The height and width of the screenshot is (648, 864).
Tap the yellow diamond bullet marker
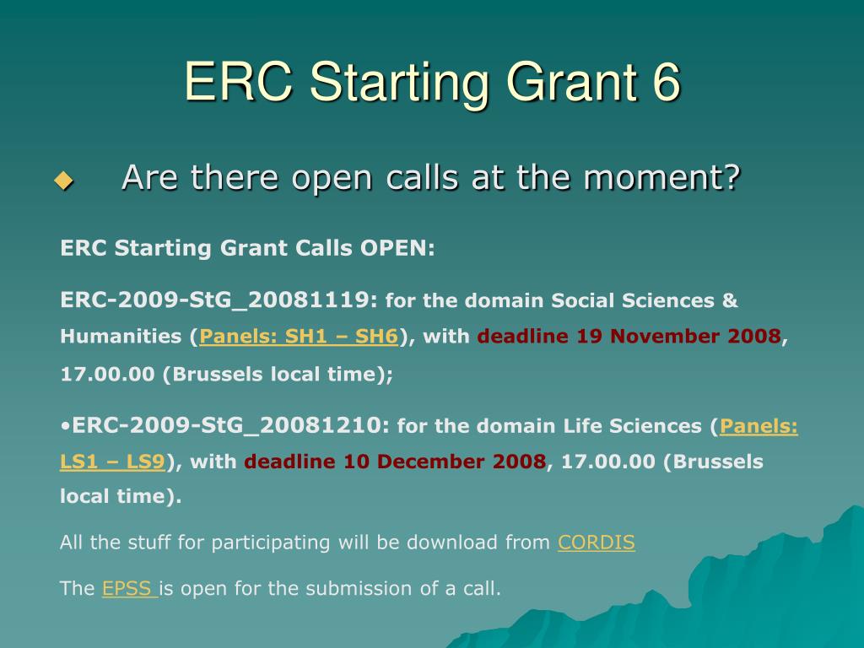tap(64, 180)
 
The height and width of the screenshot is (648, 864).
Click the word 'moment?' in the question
tap(661, 177)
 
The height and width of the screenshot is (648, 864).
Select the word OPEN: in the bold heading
tap(397, 248)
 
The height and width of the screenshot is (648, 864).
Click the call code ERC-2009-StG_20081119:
tap(219, 300)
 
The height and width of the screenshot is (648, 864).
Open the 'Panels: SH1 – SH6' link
tap(298, 336)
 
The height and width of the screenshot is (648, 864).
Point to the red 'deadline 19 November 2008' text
tap(629, 336)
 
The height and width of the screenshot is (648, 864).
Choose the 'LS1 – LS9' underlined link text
tap(112, 462)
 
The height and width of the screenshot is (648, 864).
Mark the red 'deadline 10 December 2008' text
tap(395, 462)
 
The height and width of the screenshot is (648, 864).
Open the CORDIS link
tap(597, 543)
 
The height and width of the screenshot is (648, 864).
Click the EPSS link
tap(129, 588)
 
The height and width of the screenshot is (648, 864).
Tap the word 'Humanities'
tap(121, 336)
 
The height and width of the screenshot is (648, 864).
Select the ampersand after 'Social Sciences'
tap(729, 300)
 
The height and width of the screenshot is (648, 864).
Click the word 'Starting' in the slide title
tap(399, 83)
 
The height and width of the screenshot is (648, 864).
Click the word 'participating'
tap(271, 543)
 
